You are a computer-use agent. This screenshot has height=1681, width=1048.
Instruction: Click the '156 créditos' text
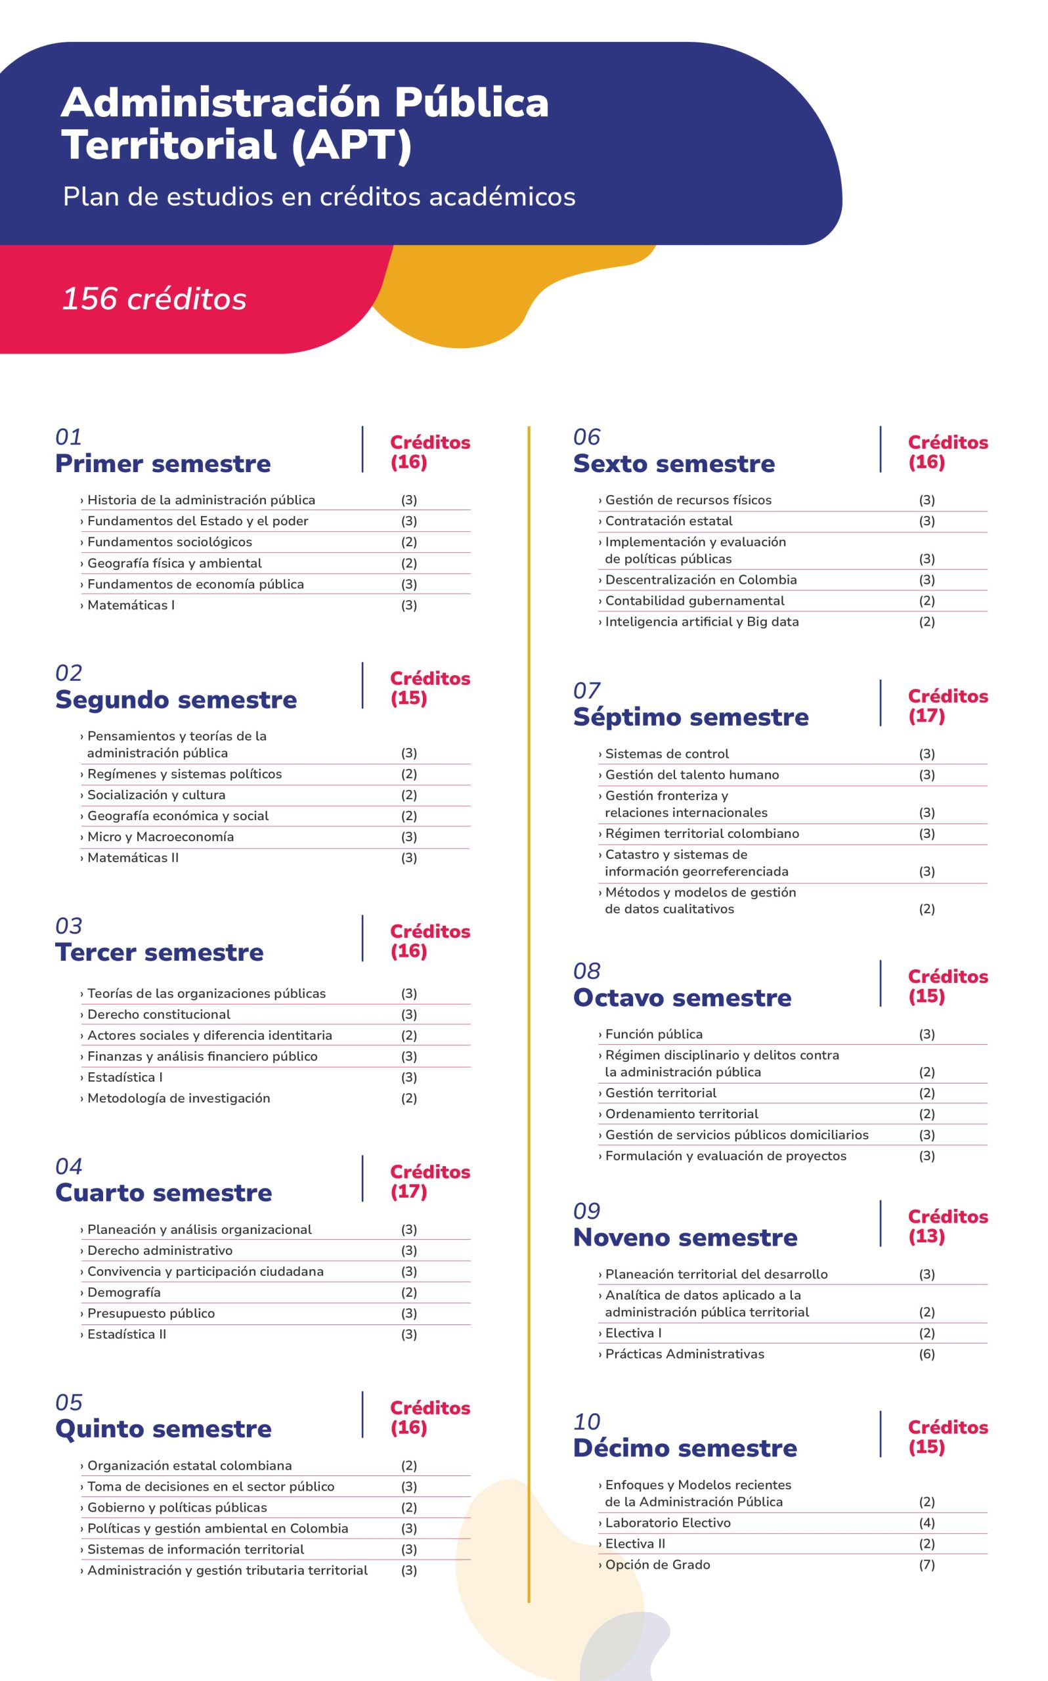[154, 299]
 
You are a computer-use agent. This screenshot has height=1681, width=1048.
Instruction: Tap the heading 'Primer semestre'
[163, 464]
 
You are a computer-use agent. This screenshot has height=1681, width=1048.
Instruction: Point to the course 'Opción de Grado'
[657, 1565]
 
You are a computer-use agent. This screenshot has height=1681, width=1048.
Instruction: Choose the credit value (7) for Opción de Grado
[927, 1565]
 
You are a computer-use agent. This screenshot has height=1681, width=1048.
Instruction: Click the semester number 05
[68, 1403]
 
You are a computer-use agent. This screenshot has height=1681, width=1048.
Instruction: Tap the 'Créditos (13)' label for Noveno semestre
[947, 1226]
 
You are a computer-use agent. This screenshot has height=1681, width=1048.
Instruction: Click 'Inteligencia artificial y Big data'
[701, 622]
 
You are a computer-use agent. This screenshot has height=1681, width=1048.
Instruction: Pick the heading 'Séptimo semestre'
[690, 716]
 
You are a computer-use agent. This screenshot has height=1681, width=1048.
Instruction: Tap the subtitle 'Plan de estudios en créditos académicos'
[319, 197]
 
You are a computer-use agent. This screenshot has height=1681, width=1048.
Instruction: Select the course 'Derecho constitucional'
[158, 1015]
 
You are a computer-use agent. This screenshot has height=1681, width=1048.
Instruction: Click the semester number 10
[586, 1422]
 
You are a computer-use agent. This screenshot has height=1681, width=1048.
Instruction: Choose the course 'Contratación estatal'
[668, 521]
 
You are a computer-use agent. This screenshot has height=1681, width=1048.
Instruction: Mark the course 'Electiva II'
[635, 1544]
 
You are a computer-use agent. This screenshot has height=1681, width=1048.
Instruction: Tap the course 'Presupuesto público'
[150, 1313]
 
